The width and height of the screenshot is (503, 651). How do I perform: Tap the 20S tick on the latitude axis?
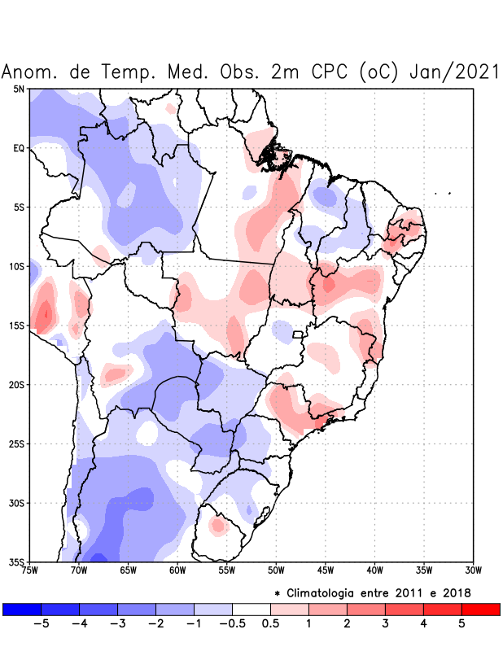[x=18, y=385]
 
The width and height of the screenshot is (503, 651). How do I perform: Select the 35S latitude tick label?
[x=18, y=562]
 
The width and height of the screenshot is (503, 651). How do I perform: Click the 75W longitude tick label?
[x=30, y=570]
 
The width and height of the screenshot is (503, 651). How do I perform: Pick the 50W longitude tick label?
[x=276, y=570]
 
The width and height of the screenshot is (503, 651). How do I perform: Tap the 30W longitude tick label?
[x=473, y=570]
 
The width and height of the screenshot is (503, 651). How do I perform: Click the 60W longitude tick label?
[x=177, y=570]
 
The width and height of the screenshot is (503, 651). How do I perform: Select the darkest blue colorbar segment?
[x=22, y=609]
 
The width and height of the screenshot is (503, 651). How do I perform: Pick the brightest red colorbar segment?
[x=480, y=609]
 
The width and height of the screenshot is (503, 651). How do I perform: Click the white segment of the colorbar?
[x=251, y=609]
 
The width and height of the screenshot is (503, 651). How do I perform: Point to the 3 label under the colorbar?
[x=385, y=624]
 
